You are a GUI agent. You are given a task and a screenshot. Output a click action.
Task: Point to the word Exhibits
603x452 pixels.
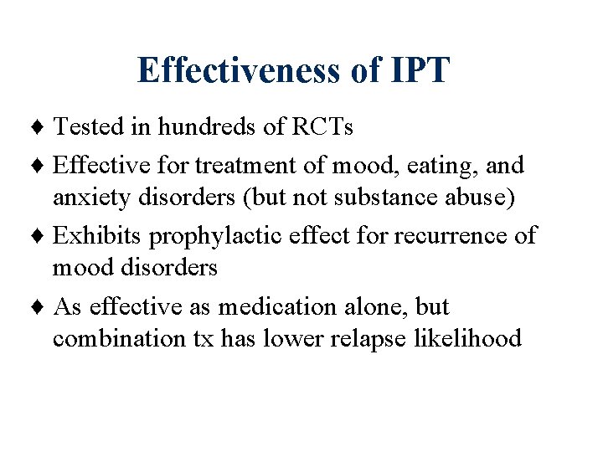coord(97,236)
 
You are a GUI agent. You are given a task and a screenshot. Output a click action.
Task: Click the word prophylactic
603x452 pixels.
coord(220,237)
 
